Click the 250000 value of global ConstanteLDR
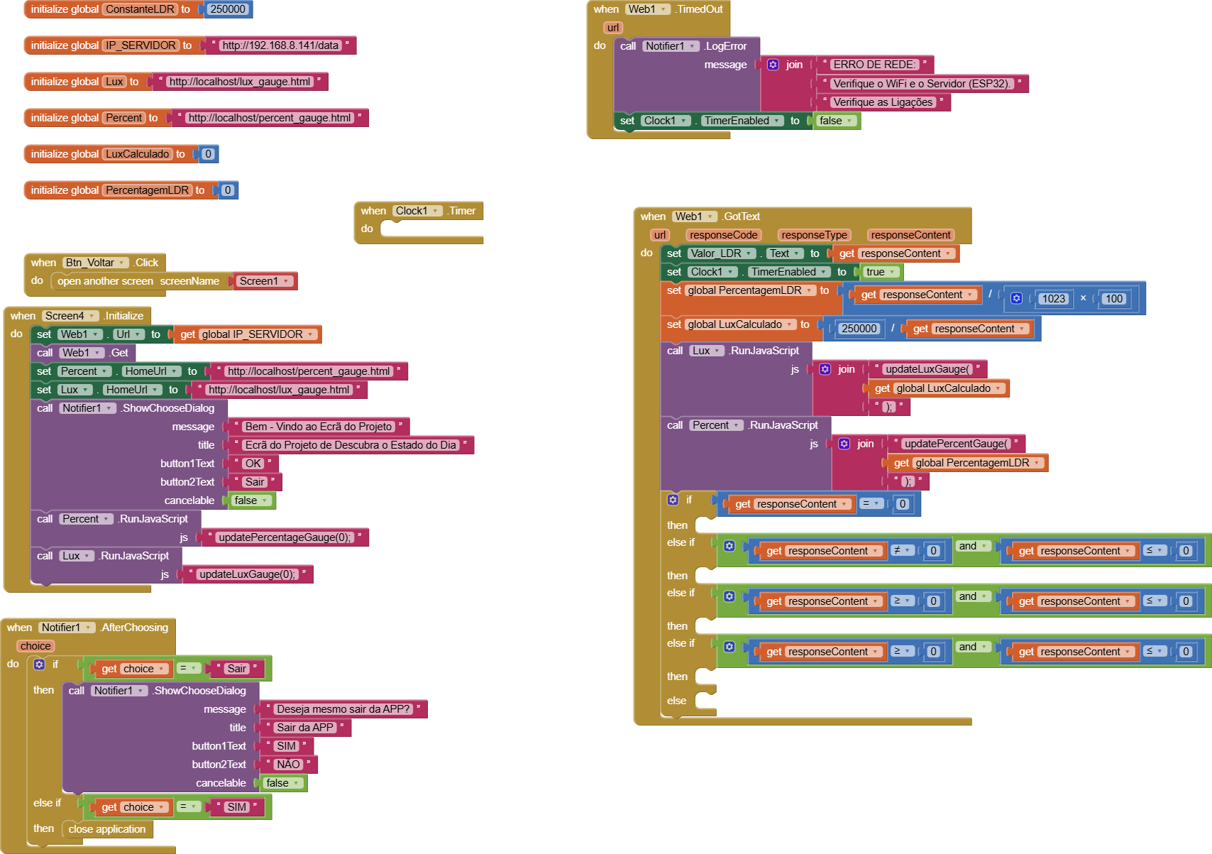point(227,9)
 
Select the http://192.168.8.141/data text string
point(280,45)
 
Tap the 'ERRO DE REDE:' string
point(874,65)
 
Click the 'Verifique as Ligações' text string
point(882,102)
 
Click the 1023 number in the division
point(1053,299)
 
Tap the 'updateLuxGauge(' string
point(927,369)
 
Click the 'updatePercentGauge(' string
point(956,444)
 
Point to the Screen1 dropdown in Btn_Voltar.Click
point(264,281)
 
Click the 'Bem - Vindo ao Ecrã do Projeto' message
point(319,427)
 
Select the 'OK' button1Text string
point(253,464)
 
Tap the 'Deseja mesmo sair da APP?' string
point(343,709)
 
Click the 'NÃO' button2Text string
point(288,765)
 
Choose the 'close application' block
point(107,829)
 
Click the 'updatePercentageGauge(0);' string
point(285,537)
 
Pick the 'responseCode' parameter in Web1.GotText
point(723,235)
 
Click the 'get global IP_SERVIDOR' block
point(246,334)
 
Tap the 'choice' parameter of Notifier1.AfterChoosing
point(35,646)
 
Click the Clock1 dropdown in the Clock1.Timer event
point(417,211)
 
